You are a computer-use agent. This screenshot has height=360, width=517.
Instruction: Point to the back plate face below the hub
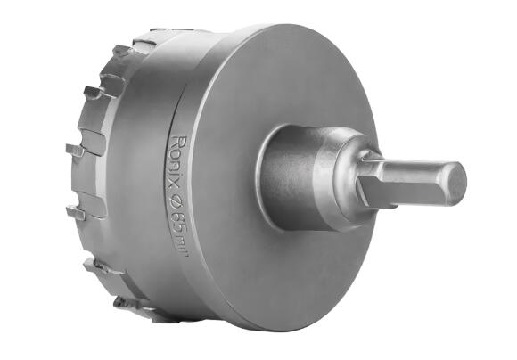pos(285,276)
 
